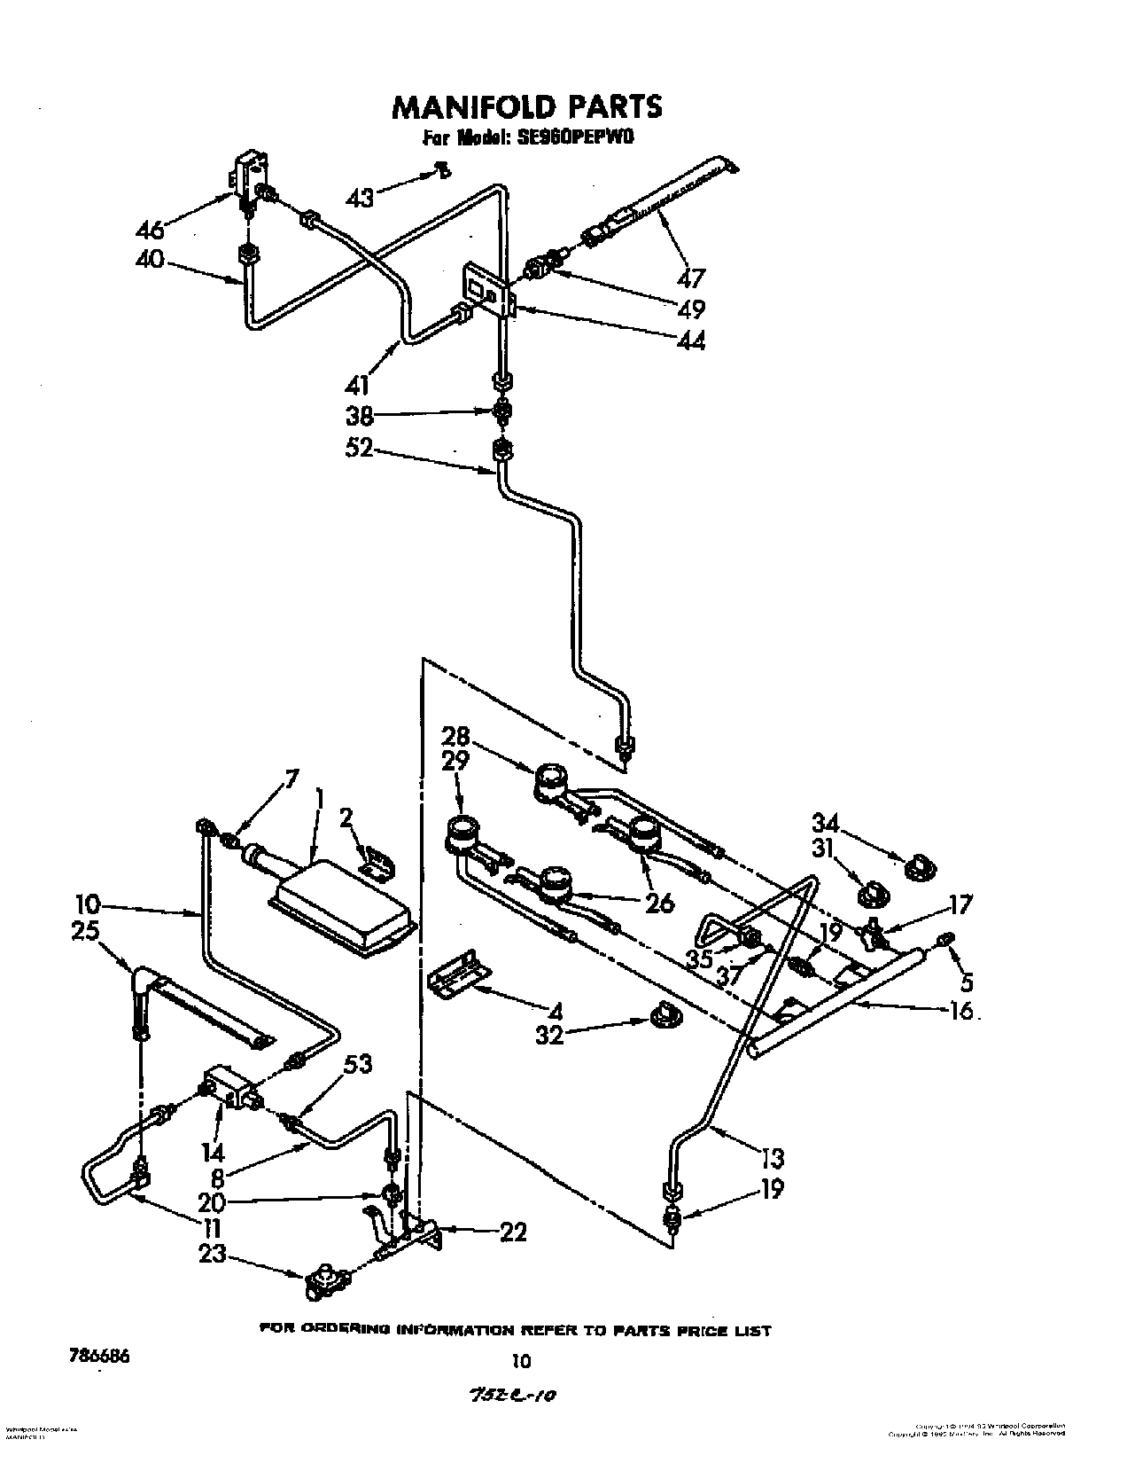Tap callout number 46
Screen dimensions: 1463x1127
pyautogui.click(x=150, y=231)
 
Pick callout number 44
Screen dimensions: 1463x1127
pyautogui.click(x=689, y=340)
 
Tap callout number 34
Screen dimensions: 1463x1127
pyautogui.click(x=827, y=822)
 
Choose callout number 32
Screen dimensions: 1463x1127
pyautogui.click(x=549, y=1034)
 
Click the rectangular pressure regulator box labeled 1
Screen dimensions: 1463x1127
pyautogui.click(x=341, y=909)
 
